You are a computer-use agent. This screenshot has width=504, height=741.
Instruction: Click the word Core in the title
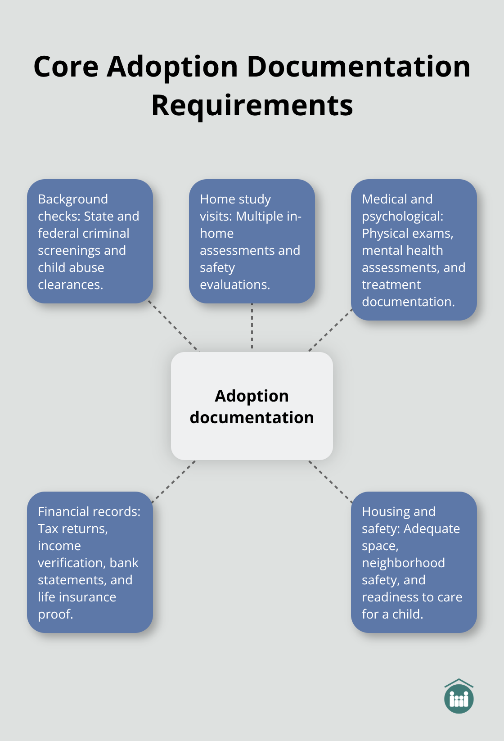pyautogui.click(x=66, y=67)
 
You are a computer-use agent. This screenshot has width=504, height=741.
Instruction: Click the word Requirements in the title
pyautogui.click(x=252, y=106)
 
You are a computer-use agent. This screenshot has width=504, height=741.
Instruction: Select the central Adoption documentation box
pyautogui.click(x=252, y=406)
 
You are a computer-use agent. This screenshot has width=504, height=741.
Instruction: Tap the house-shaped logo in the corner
pyautogui.click(x=459, y=697)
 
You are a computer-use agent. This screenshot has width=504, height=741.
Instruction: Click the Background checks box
pyautogui.click(x=90, y=241)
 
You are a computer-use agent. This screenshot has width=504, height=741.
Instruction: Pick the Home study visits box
pyautogui.click(x=252, y=241)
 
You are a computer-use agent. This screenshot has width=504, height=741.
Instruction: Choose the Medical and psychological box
pyautogui.click(x=414, y=250)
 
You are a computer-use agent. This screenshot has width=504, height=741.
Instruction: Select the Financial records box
pyautogui.click(x=90, y=562)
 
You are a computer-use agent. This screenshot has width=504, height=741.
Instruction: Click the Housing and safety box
pyautogui.click(x=414, y=562)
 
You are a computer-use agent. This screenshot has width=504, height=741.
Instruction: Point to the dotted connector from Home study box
pyautogui.click(x=252, y=327)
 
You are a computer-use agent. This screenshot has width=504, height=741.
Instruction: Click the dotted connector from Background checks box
pyautogui.click(x=174, y=326)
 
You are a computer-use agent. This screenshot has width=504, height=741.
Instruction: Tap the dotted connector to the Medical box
pyautogui.click(x=330, y=330)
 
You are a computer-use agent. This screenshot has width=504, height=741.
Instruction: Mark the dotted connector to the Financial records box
pyautogui.click(x=174, y=481)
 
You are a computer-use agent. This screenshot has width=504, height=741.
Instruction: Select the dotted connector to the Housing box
pyautogui.click(x=330, y=481)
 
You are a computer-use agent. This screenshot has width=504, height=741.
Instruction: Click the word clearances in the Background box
pyautogui.click(x=70, y=285)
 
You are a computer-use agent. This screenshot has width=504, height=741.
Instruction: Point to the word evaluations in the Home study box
pyautogui.click(x=234, y=285)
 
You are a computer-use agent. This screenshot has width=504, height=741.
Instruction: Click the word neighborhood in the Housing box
pyautogui.click(x=403, y=563)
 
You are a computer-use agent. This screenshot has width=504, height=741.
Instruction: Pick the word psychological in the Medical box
pyautogui.click(x=402, y=217)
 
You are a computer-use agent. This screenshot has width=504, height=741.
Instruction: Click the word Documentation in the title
pyautogui.click(x=359, y=67)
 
